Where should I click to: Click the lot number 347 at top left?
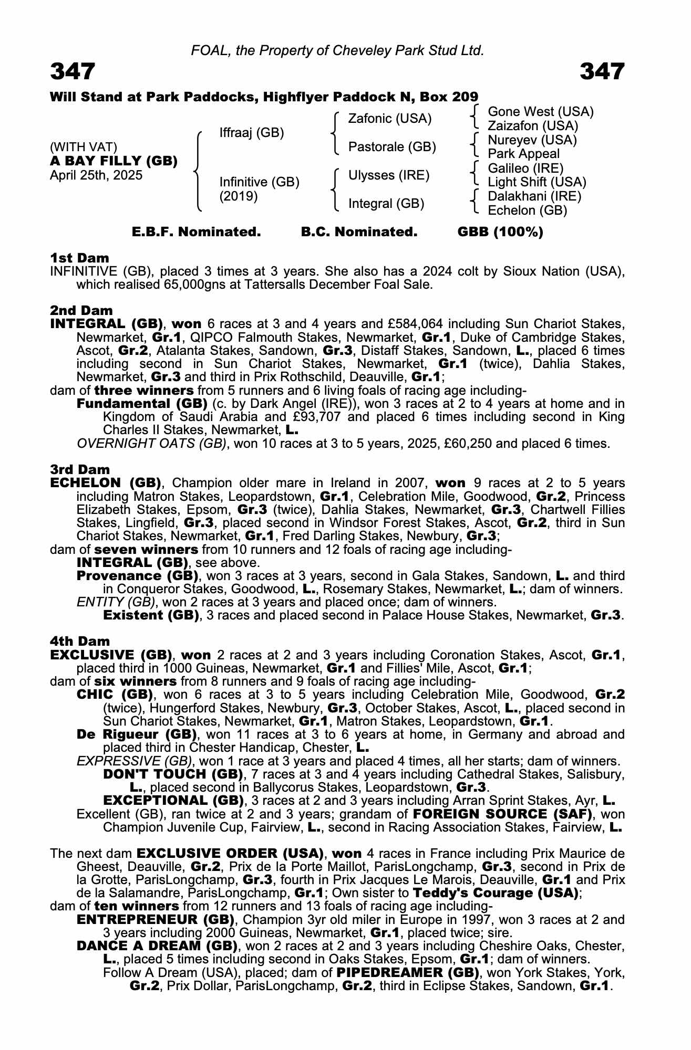pyautogui.click(x=73, y=71)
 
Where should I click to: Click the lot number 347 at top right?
pyautogui.click(x=602, y=71)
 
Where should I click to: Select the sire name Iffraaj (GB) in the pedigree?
pyautogui.click(x=252, y=133)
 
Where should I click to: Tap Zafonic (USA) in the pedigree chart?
pyautogui.click(x=390, y=119)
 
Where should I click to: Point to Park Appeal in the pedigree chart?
pyautogui.click(x=523, y=154)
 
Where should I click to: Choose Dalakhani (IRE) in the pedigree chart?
pyautogui.click(x=534, y=196)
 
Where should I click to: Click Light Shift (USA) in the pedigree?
pyautogui.click(x=537, y=182)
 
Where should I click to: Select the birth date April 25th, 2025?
pyautogui.click(x=96, y=175)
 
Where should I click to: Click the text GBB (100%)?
pyautogui.click(x=500, y=232)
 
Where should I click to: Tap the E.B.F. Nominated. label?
pyautogui.click(x=196, y=232)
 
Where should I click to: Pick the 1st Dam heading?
pyautogui.click(x=79, y=258)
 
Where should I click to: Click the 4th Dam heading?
pyautogui.click(x=80, y=641)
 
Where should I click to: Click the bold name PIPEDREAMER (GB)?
pyautogui.click(x=408, y=973)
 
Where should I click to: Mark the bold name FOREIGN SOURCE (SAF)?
pyautogui.click(x=503, y=814)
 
